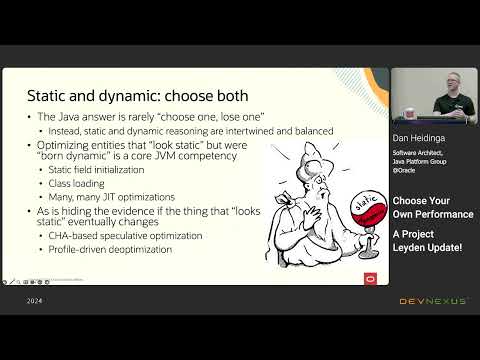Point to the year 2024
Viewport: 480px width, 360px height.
tap(34, 301)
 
